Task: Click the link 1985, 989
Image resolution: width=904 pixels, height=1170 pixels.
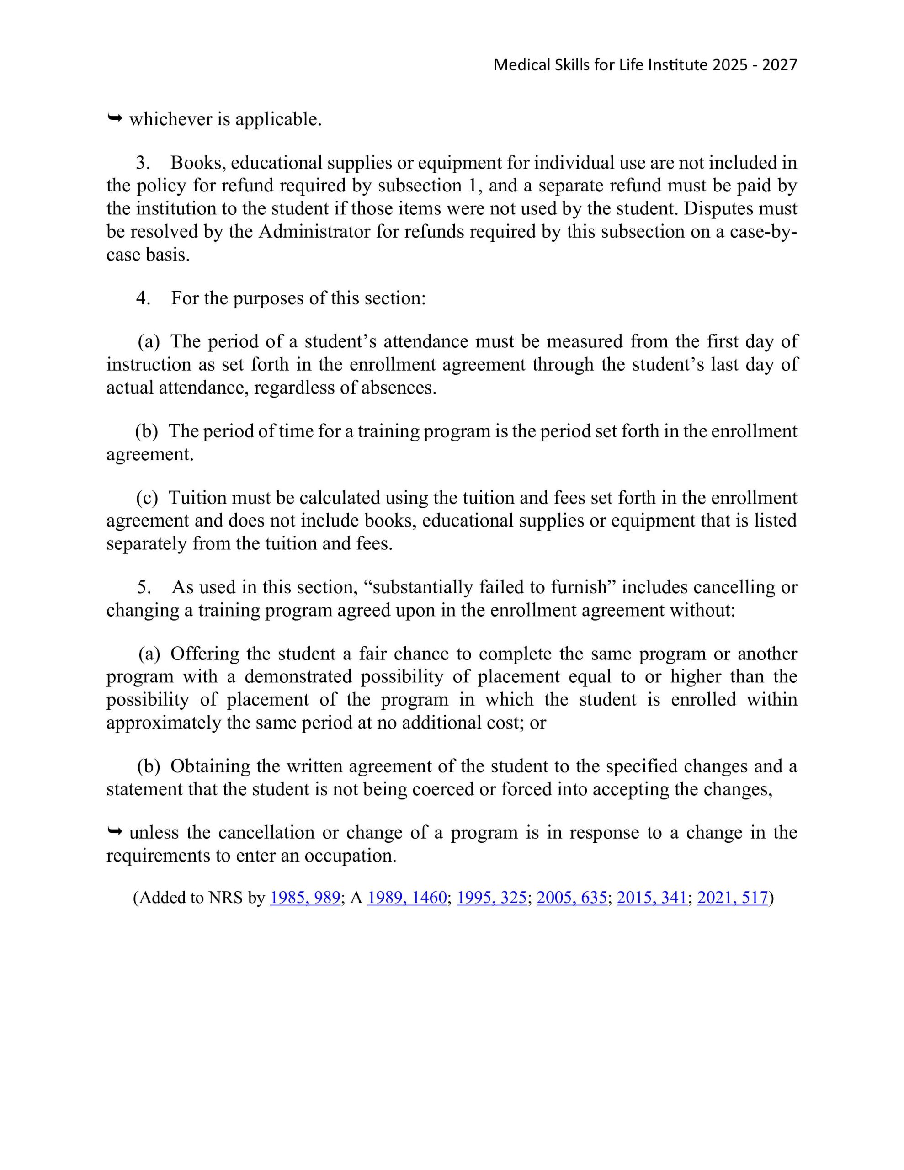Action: pos(305,897)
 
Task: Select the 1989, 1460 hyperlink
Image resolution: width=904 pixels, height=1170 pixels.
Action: pos(407,897)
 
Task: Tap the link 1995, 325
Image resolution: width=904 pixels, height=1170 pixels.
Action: pos(491,897)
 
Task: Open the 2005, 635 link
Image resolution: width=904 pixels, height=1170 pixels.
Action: pos(572,897)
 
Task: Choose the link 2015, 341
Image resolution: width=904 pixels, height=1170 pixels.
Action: pos(652,897)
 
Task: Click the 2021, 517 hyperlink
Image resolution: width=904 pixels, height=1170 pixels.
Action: pos(733,897)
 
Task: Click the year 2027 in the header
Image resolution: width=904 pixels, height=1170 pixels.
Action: pos(780,65)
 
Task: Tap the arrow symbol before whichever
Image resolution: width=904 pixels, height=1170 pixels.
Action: pos(115,118)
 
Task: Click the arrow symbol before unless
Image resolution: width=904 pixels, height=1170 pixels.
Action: pos(115,831)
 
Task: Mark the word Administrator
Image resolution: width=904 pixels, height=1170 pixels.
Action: pos(314,231)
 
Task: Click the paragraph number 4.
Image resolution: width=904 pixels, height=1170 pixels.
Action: pos(143,298)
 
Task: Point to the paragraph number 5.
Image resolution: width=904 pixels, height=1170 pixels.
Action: pos(143,587)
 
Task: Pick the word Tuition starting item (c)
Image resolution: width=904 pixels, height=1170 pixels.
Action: pos(198,498)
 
